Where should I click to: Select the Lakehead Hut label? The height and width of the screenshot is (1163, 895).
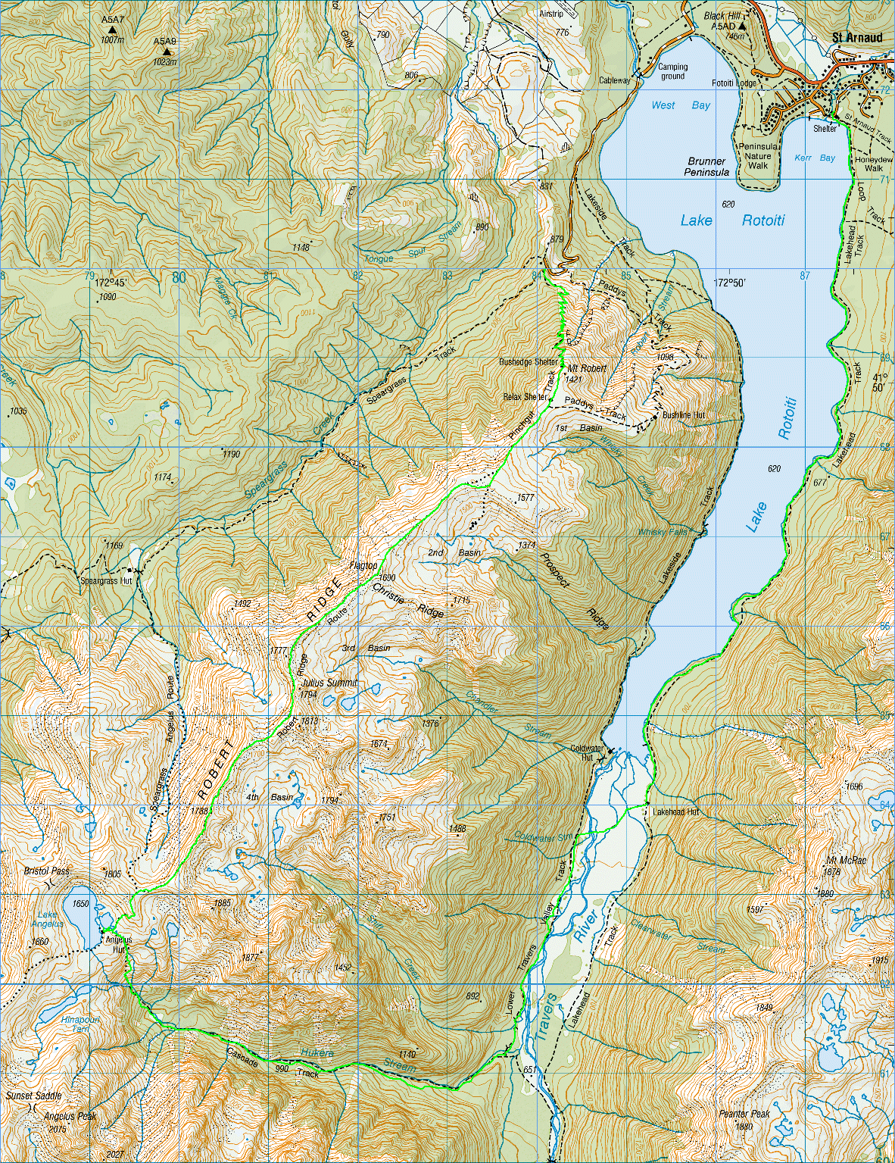point(675,811)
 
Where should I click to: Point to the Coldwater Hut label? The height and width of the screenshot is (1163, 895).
point(587,752)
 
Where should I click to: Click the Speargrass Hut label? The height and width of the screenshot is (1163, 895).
point(106,581)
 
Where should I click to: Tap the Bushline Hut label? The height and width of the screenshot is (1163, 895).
point(683,415)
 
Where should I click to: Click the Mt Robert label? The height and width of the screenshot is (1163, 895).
point(587,368)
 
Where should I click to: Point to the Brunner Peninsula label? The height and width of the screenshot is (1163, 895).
point(706,167)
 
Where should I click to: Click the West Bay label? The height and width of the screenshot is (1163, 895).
point(680,105)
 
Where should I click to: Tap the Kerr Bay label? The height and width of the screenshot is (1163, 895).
point(814,158)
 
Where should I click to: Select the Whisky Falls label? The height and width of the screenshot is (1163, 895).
point(663,532)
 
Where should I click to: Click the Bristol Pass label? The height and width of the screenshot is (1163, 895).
point(47,871)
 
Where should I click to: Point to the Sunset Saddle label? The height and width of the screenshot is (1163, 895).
point(33,1096)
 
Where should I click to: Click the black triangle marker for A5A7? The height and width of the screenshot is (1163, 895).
point(112,30)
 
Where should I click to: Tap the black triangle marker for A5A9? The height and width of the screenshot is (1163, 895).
point(166,52)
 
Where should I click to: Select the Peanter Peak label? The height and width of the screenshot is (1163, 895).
point(744,1114)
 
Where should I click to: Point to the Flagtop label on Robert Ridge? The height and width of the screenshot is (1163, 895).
point(363,565)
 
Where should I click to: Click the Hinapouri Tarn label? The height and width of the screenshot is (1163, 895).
point(80,1024)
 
